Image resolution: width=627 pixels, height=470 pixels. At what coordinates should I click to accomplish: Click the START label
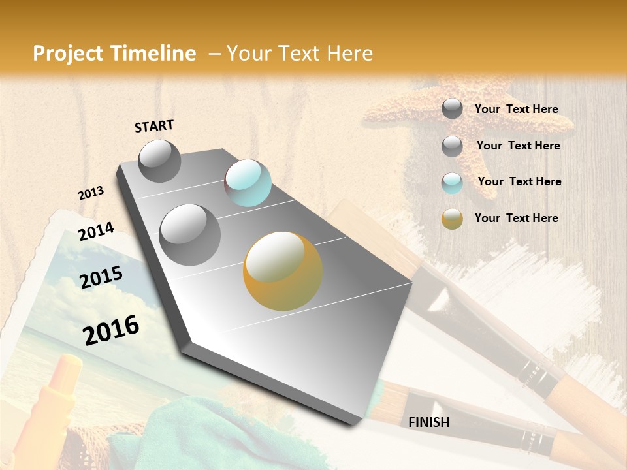pyautogui.click(x=154, y=126)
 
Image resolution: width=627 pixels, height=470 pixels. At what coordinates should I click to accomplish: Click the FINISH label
pyautogui.click(x=428, y=422)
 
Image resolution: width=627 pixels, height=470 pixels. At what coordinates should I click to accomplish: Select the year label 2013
pyautogui.click(x=91, y=193)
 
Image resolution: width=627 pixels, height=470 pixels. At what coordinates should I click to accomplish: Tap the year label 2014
pyautogui.click(x=96, y=232)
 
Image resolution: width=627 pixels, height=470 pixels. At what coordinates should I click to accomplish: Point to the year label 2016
pyautogui.click(x=111, y=330)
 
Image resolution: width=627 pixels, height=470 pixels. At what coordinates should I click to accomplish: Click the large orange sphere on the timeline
pyautogui.click(x=282, y=270)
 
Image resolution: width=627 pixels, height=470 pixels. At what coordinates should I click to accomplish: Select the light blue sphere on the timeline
pyautogui.click(x=248, y=183)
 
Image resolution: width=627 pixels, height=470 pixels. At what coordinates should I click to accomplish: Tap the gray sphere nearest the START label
pyautogui.click(x=159, y=161)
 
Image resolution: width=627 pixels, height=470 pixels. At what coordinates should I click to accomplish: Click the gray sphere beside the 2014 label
pyautogui.click(x=189, y=234)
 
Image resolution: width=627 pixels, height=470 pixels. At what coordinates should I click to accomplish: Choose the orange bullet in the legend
pyautogui.click(x=452, y=219)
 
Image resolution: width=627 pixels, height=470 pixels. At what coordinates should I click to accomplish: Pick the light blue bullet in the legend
pyautogui.click(x=452, y=183)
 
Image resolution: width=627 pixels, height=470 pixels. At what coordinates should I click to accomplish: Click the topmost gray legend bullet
pyautogui.click(x=452, y=109)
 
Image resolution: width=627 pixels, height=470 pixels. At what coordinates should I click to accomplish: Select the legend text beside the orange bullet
pyautogui.click(x=516, y=218)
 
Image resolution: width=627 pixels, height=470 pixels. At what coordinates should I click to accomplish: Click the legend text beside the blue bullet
pyautogui.click(x=519, y=181)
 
